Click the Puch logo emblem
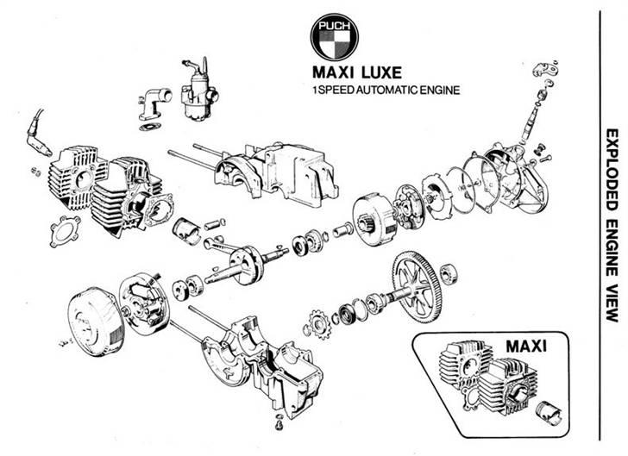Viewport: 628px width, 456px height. pyautogui.click(x=333, y=36)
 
